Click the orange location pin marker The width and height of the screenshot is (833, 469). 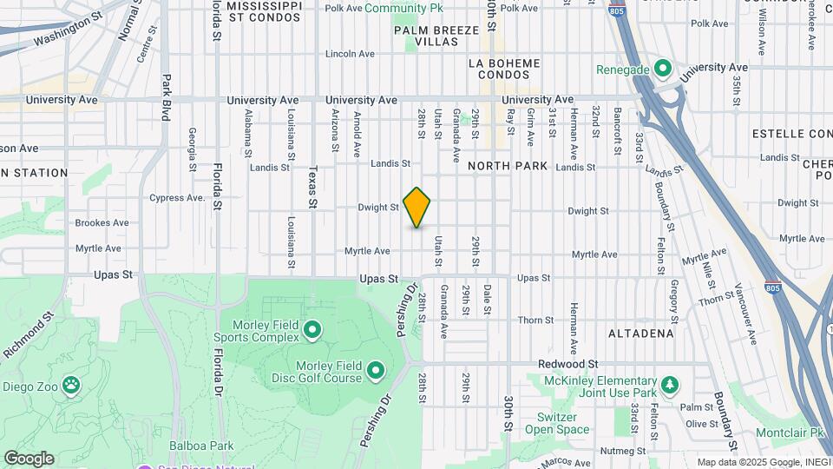(x=416, y=208)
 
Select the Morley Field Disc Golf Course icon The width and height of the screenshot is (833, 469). (x=376, y=372)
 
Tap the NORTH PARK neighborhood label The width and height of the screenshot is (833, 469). (x=508, y=166)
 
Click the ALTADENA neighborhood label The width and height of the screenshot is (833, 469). (x=641, y=334)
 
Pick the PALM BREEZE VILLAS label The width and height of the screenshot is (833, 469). (x=436, y=36)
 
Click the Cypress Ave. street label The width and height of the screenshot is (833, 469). (x=176, y=197)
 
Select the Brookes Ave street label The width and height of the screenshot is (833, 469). (x=102, y=222)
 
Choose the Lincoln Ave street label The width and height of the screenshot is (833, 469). (x=350, y=54)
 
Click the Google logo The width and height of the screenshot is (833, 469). (x=29, y=459)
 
